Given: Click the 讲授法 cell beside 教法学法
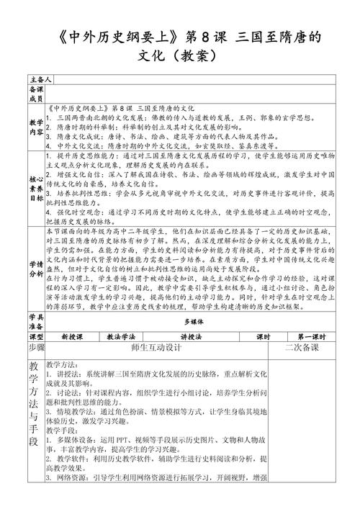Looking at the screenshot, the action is [191, 337].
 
